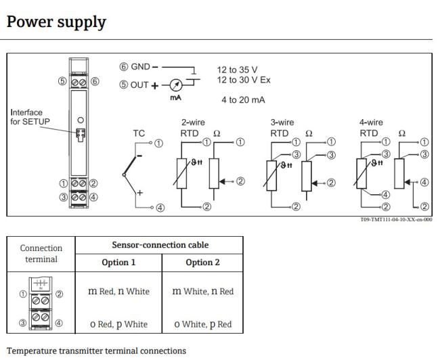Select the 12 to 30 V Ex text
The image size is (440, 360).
[x=244, y=80]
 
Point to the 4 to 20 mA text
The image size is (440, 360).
[x=242, y=100]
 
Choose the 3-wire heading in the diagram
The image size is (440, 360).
[x=282, y=123]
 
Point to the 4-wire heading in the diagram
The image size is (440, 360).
[x=371, y=123]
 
